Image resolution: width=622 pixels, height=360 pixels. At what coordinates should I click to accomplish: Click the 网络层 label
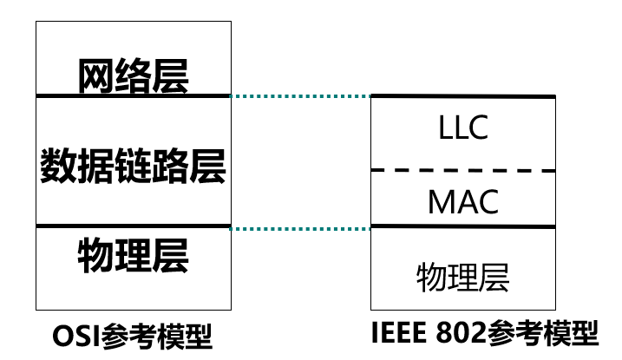pyautogui.click(x=133, y=75)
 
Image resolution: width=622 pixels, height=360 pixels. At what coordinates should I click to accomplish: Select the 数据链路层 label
pyautogui.click(x=133, y=165)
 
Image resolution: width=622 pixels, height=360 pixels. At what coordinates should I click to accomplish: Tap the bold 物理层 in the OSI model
pyautogui.click(x=133, y=255)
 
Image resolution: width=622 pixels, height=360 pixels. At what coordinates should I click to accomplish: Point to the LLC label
pyautogui.click(x=463, y=128)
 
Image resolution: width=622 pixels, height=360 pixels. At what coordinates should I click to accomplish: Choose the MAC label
pyautogui.click(x=463, y=202)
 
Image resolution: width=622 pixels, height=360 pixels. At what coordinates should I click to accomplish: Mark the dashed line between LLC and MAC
pyautogui.click(x=463, y=171)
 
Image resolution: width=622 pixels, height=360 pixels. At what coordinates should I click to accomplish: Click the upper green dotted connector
pyautogui.click(x=301, y=95)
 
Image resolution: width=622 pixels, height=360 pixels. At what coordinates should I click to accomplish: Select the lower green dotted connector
pyautogui.click(x=301, y=229)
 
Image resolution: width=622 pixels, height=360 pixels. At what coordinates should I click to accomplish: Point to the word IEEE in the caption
pyautogui.click(x=407, y=333)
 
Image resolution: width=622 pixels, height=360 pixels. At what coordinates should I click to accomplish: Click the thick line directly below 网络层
pyautogui.click(x=133, y=95)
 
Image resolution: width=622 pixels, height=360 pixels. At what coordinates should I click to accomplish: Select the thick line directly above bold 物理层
pyautogui.click(x=133, y=226)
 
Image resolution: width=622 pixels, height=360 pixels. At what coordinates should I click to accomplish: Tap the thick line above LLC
pyautogui.click(x=463, y=95)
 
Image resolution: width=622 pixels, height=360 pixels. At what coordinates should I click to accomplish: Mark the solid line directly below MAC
pyautogui.click(x=463, y=226)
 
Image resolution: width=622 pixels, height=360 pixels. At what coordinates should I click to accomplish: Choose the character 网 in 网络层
pyautogui.click(x=95, y=75)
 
